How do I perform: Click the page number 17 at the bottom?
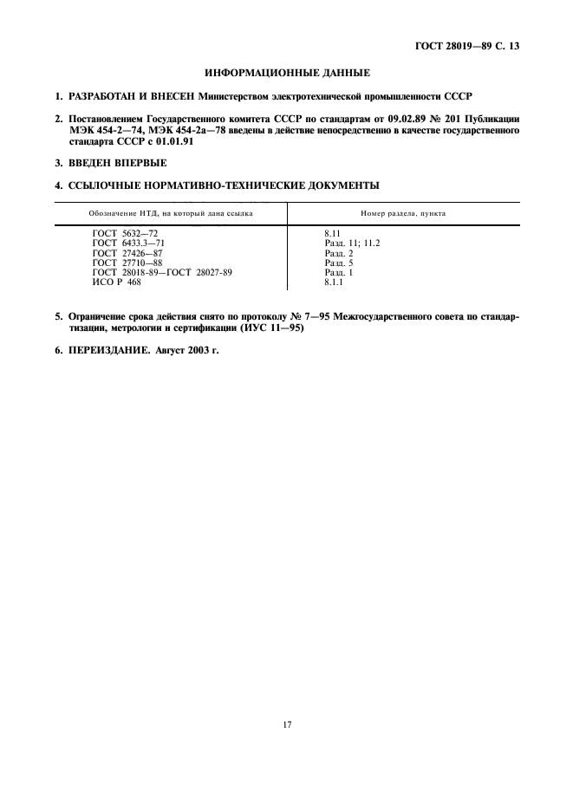[x=287, y=725]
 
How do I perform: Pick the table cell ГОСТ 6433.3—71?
[x=128, y=243]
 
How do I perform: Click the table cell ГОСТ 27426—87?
[x=127, y=253]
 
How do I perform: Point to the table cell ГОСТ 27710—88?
[x=127, y=263]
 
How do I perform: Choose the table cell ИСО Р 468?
[x=116, y=282]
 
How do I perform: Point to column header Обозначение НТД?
[x=170, y=213]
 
